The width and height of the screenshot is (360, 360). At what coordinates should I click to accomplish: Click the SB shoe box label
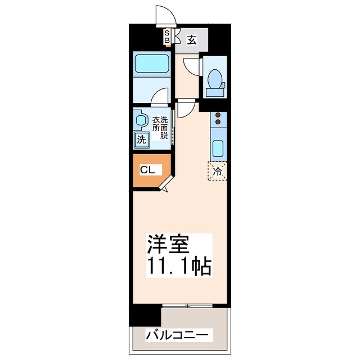click(167, 37)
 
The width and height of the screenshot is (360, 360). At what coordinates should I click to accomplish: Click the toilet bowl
click(214, 80)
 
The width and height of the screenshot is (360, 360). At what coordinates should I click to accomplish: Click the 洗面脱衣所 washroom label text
click(160, 127)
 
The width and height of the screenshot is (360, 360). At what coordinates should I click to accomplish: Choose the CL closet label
click(148, 169)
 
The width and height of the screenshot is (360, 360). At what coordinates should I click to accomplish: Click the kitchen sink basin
click(218, 149)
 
